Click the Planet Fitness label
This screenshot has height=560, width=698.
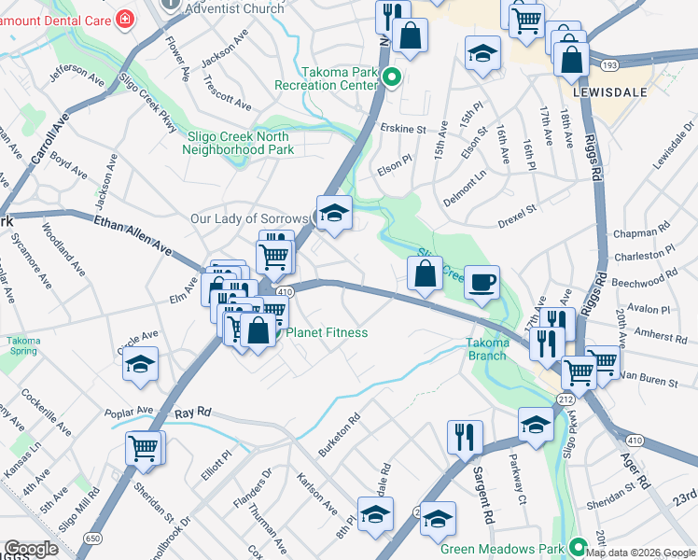pyautogui.click(x=326, y=333)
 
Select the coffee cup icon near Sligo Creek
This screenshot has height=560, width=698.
pyautogui.click(x=482, y=282)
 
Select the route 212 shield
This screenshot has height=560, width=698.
pyautogui.click(x=565, y=399)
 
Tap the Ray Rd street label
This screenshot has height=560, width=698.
pyautogui.click(x=193, y=412)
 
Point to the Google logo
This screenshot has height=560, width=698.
pyautogui.click(x=31, y=549)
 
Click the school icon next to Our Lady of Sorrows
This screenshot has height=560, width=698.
pyautogui.click(x=333, y=213)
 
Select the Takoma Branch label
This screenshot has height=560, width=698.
pyautogui.click(x=487, y=349)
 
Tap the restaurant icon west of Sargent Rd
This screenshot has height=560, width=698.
pyautogui.click(x=464, y=436)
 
